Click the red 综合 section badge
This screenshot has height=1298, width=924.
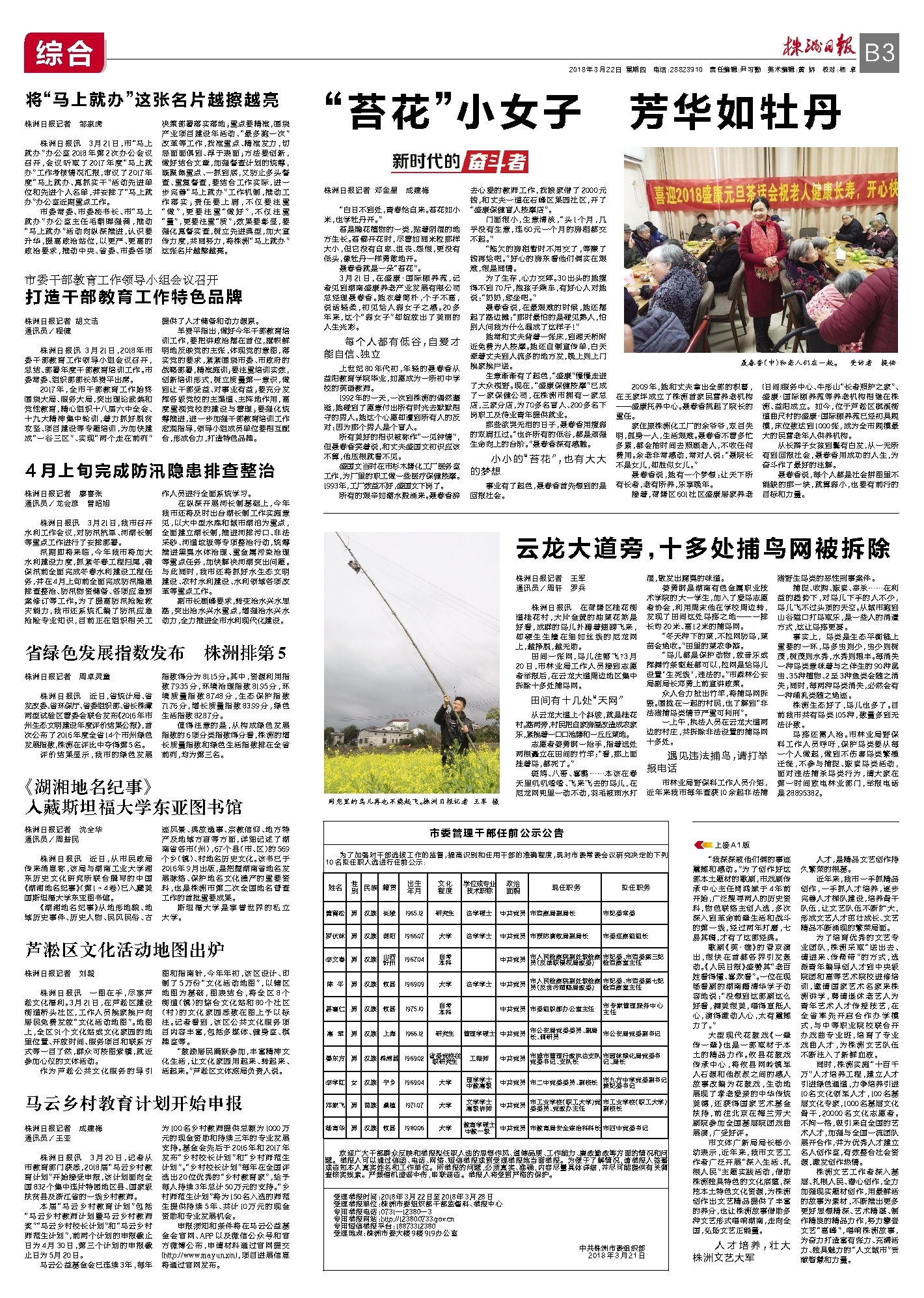pos(63,52)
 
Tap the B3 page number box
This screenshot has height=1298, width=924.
pos(879,52)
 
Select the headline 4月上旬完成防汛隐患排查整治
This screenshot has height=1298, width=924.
pos(150,471)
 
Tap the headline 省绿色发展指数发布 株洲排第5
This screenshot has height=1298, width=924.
pos(156,652)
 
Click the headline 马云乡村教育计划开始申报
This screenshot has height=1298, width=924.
pos(134,1103)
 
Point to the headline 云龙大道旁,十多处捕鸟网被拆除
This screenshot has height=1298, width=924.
pos(702,549)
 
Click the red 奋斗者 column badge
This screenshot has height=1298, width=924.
pos(494,161)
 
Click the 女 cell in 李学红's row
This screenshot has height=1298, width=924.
pos(353,1083)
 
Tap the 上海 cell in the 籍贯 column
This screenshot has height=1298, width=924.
pos(389,1034)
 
